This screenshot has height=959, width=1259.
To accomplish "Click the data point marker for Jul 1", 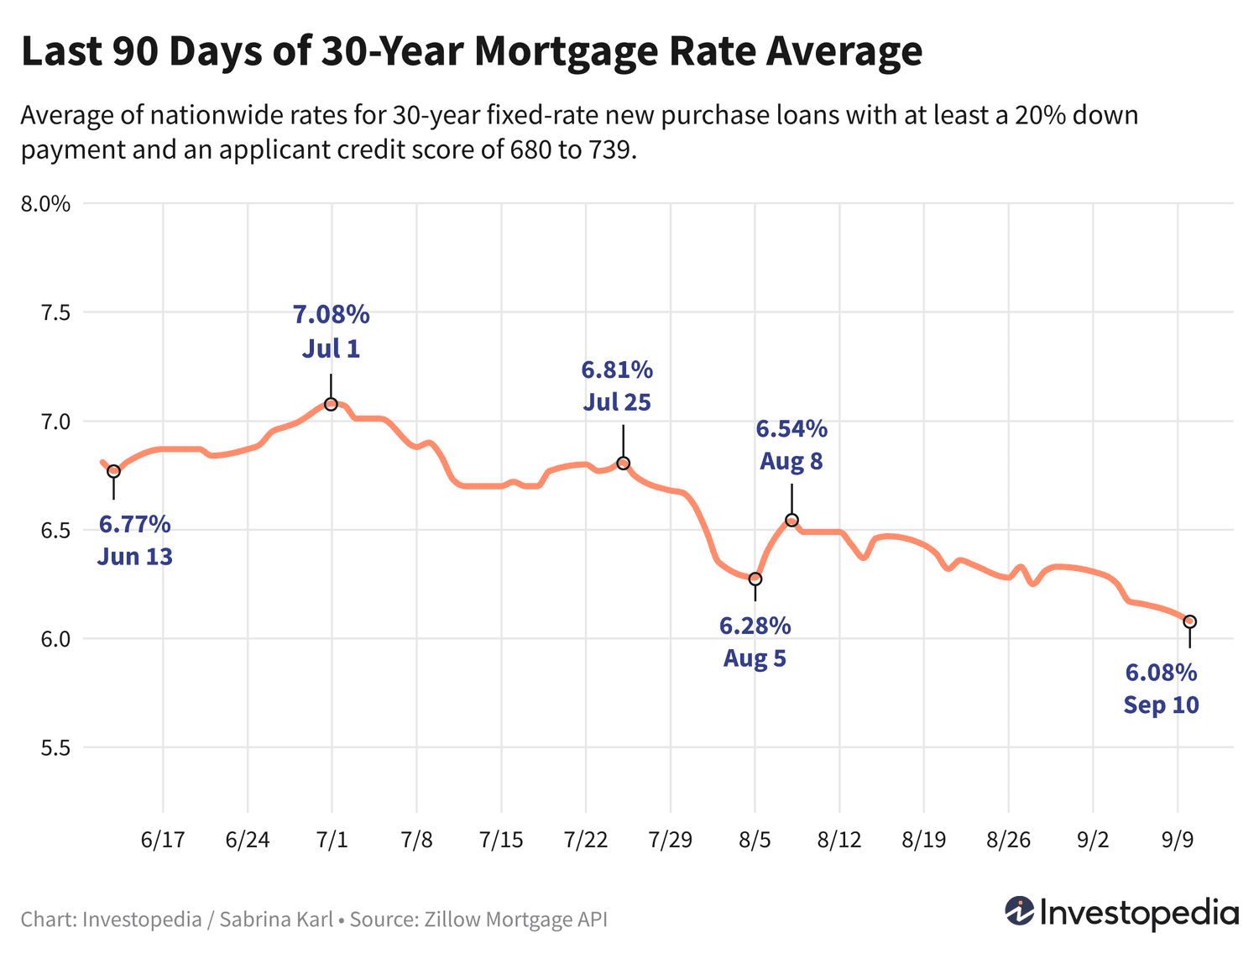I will point(331,404).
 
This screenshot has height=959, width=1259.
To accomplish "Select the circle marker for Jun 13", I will point(113,471).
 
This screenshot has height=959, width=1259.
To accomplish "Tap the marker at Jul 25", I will point(623,464).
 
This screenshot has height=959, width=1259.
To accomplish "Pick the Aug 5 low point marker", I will point(755,579).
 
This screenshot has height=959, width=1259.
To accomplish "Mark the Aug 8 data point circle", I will point(791,521).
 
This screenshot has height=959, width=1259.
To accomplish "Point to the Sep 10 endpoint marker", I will point(1189,621).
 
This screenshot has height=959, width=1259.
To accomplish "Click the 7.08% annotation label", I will point(331,315).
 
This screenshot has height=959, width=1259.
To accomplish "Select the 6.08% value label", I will point(1161,673).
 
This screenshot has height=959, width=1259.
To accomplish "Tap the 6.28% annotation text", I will point(755,626).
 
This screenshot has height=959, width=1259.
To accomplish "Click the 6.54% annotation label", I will point(791,429).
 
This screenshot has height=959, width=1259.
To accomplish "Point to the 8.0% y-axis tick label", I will point(45,204).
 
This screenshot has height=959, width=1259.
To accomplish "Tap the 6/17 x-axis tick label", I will point(163,841).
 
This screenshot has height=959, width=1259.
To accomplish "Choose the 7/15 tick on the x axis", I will point(501,841).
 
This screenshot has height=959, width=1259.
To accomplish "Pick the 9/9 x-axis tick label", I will point(1178,841).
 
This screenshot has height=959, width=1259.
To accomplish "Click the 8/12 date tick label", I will point(839,841).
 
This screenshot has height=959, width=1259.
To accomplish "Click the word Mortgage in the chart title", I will point(562,51).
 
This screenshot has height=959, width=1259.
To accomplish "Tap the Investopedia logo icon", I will point(1020,911).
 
